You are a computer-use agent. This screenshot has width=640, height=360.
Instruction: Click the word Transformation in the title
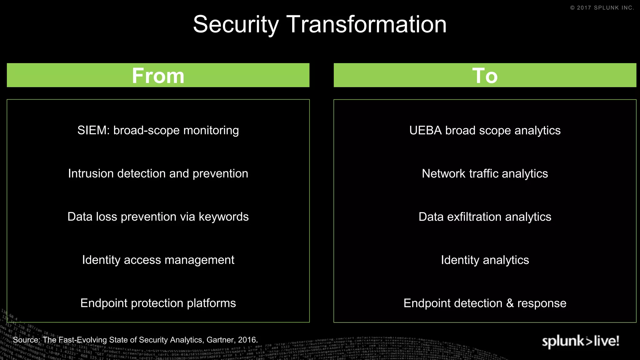367,24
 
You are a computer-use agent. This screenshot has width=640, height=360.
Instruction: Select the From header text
158,76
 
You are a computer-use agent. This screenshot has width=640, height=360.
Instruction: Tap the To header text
485,76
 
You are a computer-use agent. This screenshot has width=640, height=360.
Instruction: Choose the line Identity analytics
485,260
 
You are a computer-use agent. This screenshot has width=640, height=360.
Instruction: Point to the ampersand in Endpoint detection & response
510,303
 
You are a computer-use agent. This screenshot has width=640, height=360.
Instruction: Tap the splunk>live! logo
580,341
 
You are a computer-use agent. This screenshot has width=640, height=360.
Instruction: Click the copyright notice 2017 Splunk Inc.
602,8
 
